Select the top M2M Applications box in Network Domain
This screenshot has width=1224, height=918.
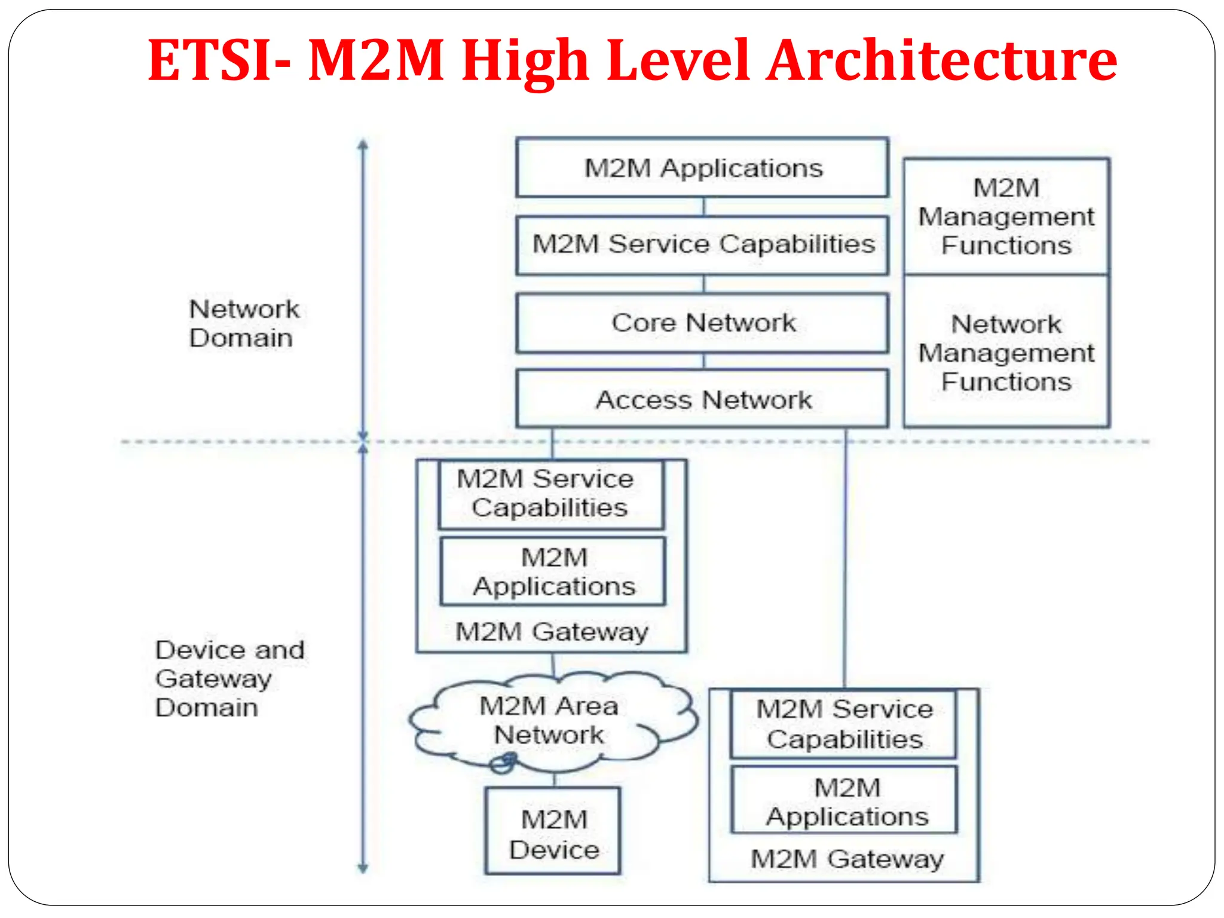point(702,168)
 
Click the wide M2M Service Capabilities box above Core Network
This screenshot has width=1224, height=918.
point(702,245)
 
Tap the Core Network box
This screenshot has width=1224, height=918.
point(702,323)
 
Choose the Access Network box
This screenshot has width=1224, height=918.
point(702,399)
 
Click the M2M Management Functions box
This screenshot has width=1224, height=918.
point(1006,216)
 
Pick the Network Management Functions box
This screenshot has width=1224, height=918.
point(1006,353)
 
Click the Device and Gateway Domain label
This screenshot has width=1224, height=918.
point(229,678)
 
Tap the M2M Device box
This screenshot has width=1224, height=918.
point(553,832)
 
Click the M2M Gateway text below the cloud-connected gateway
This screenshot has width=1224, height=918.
point(551,632)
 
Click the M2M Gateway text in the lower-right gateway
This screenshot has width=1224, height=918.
point(846,859)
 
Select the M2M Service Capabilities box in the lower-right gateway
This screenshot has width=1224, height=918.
point(844,724)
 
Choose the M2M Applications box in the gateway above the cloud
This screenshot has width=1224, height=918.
point(553,571)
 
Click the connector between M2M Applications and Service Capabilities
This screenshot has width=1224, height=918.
point(704,207)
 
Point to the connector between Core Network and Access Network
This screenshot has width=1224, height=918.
point(704,361)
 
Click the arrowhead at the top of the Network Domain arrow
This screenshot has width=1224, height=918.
point(363,144)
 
